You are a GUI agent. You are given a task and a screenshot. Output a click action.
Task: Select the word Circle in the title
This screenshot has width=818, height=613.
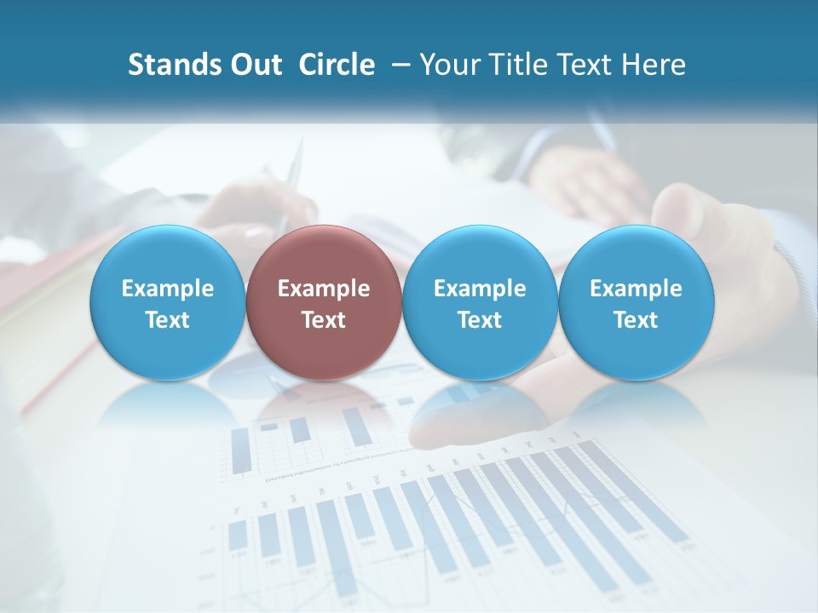(x=337, y=65)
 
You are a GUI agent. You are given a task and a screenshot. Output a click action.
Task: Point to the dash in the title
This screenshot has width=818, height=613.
(x=398, y=65)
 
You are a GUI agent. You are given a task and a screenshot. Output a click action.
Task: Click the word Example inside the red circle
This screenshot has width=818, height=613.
(x=324, y=289)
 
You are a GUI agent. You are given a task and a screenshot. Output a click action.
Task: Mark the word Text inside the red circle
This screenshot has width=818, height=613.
(x=324, y=320)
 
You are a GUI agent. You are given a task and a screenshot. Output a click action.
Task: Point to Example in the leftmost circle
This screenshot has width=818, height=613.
(x=167, y=289)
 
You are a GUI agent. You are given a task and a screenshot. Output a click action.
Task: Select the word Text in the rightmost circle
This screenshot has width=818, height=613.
(x=636, y=320)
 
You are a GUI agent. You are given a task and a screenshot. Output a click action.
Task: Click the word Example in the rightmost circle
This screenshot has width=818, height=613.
(x=636, y=289)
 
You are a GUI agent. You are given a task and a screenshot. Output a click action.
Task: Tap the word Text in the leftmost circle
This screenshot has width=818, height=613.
(x=167, y=320)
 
